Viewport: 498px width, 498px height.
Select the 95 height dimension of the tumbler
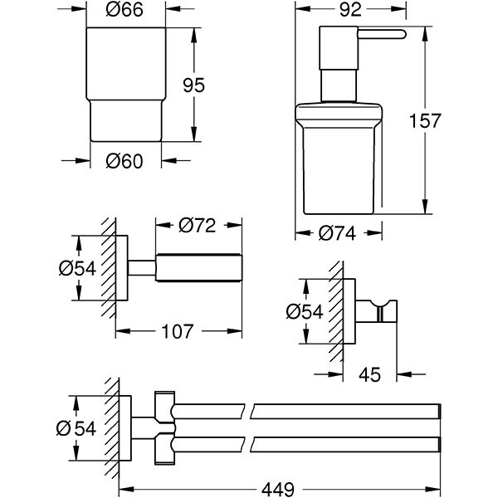click(x=217, y=85)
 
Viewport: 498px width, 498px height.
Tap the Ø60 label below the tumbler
click(x=127, y=160)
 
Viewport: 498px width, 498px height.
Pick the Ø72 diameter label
click(x=197, y=224)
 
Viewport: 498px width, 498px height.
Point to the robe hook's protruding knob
click(x=386, y=311)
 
